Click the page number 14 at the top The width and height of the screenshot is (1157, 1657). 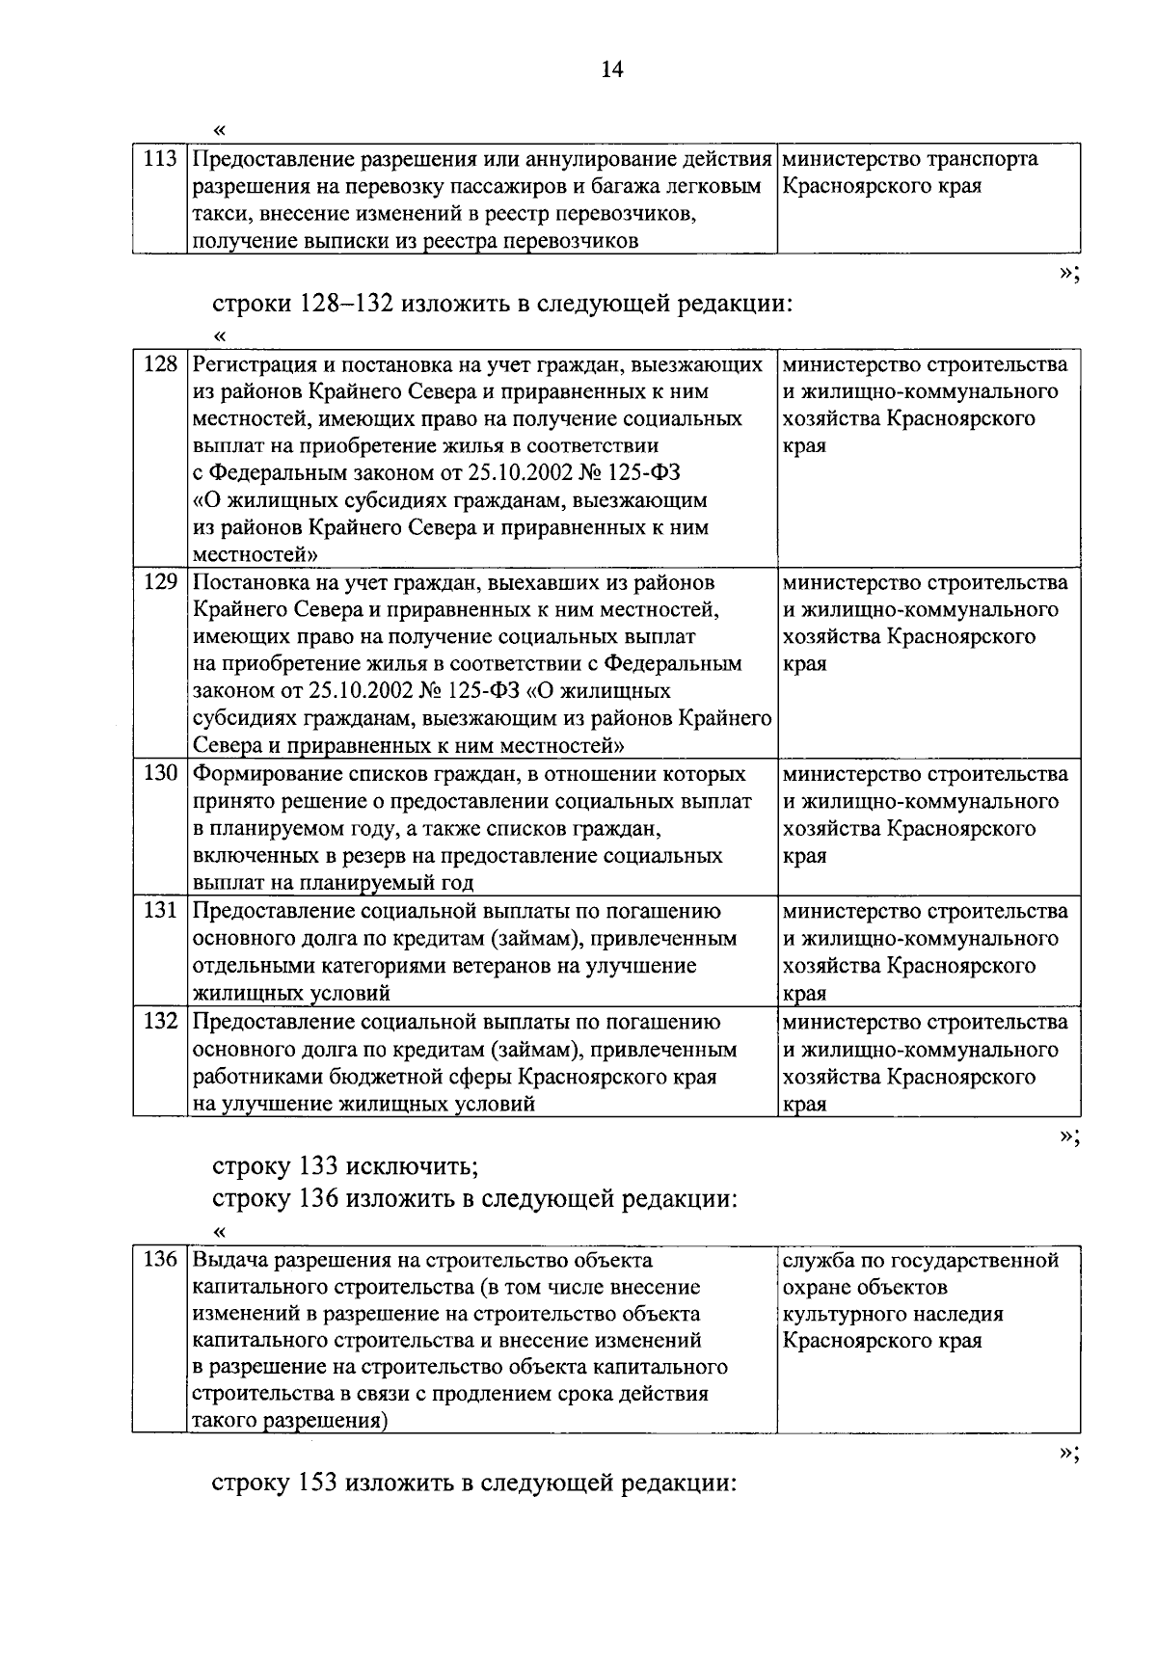pyautogui.click(x=612, y=69)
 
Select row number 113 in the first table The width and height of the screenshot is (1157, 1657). pyautogui.click(x=160, y=159)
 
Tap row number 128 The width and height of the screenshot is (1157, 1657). pyautogui.click(x=160, y=364)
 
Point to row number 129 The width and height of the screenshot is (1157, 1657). pyautogui.click(x=160, y=583)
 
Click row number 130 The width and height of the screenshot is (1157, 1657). pyautogui.click(x=160, y=774)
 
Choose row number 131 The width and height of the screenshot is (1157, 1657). pyautogui.click(x=160, y=911)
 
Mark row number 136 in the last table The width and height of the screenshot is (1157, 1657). pyautogui.click(x=160, y=1260)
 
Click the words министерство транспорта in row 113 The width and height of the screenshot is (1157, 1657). pyautogui.click(x=910, y=159)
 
